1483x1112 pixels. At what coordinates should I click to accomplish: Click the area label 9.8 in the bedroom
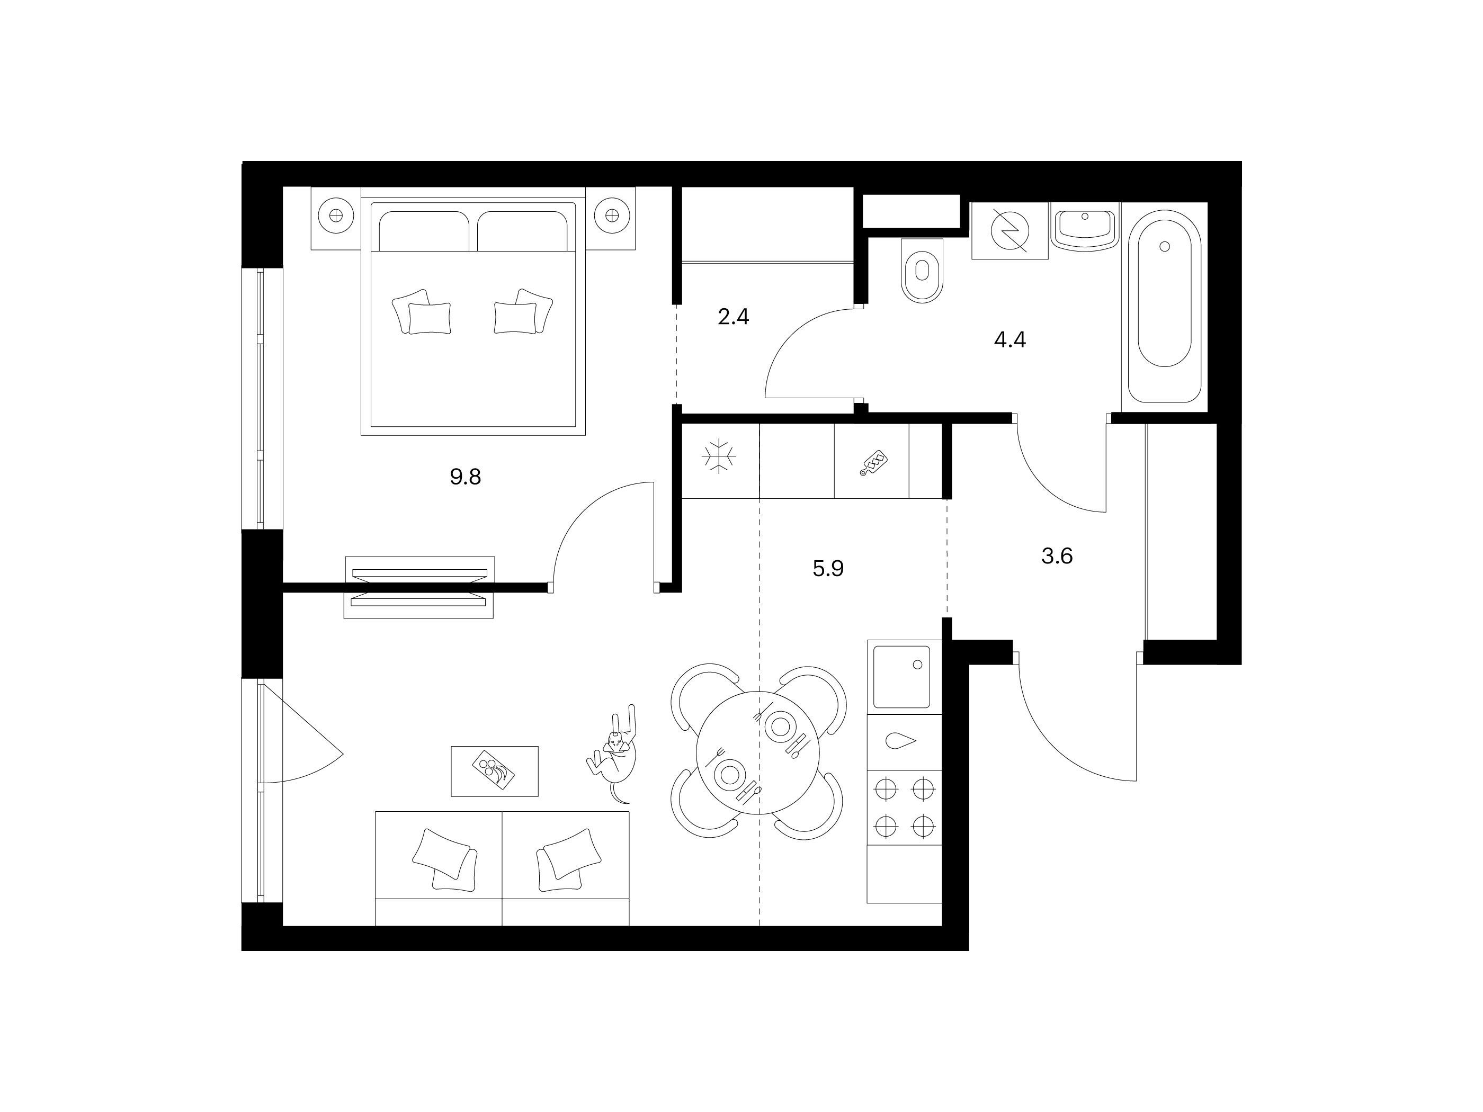[x=465, y=477]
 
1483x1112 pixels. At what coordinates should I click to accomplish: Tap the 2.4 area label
[x=733, y=316]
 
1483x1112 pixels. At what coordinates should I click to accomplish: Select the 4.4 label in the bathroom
[x=1009, y=340]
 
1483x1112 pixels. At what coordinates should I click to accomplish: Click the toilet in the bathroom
[x=923, y=270]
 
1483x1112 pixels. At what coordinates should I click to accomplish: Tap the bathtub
[x=1165, y=307]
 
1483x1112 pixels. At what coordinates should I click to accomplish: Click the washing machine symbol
[x=1009, y=230]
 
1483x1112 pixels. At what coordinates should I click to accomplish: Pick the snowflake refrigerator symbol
[x=719, y=456]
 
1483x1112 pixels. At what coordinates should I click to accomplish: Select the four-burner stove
[x=905, y=807]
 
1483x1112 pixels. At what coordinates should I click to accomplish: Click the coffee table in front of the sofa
[x=495, y=772]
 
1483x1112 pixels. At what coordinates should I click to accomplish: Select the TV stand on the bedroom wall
[x=419, y=587]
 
